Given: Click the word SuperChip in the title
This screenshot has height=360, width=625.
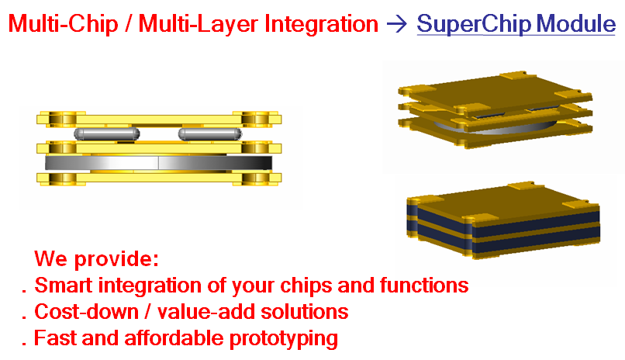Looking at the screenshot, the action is pyautogui.click(x=474, y=24).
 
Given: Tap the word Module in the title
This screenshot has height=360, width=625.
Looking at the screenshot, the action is pyautogui.click(x=576, y=23).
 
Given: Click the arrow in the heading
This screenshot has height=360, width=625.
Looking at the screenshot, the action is pyautogui.click(x=397, y=24).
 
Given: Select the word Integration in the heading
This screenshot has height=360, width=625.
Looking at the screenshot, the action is pyautogui.click(x=321, y=24).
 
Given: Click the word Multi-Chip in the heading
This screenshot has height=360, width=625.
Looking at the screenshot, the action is pyautogui.click(x=64, y=24).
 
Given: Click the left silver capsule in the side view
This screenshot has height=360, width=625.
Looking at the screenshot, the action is pyautogui.click(x=107, y=134).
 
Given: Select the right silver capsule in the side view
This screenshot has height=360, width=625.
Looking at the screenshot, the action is pyautogui.click(x=210, y=134).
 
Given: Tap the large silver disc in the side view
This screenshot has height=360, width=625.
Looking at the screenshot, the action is pyautogui.click(x=159, y=163).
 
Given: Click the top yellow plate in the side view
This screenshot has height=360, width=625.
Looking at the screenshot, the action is pyautogui.click(x=159, y=119).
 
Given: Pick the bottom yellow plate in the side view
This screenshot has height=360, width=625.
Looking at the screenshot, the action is pyautogui.click(x=159, y=178).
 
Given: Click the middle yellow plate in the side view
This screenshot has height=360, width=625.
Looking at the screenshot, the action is pyautogui.click(x=159, y=148).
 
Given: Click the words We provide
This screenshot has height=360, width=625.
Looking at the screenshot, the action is pyautogui.click(x=97, y=259).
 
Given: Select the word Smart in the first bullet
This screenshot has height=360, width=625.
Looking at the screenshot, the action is pyautogui.click(x=64, y=286).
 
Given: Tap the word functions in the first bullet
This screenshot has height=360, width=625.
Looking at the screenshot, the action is pyautogui.click(x=424, y=286).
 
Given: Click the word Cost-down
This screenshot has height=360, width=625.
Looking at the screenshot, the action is pyautogui.click(x=87, y=312).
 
